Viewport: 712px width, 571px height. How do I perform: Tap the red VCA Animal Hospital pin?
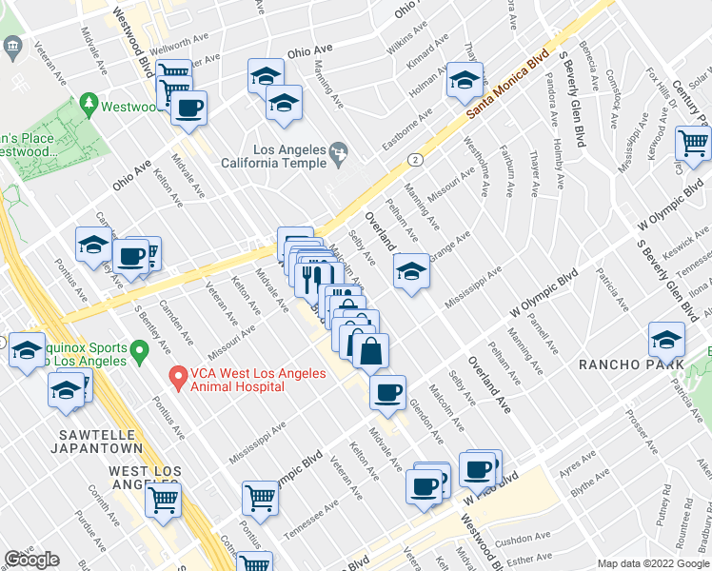point(177,378)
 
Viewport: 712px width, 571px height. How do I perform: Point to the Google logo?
point(31,560)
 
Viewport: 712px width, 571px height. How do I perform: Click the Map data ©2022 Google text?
point(654,563)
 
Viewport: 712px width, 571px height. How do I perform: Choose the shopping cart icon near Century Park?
point(693,143)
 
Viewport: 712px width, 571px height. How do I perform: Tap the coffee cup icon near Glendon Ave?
point(387,392)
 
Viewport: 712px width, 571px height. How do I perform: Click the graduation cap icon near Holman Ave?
point(465,80)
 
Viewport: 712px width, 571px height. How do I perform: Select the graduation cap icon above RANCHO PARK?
point(666,340)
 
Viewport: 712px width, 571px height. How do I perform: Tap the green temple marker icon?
point(337,150)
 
